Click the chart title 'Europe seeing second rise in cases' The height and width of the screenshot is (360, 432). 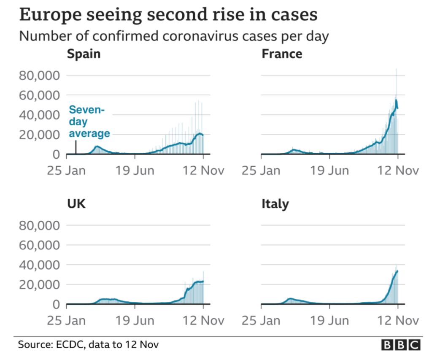[168, 15]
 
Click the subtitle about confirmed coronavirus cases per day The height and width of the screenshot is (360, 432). [174, 36]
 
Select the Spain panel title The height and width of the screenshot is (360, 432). [84, 54]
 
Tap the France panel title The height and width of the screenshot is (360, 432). [282, 54]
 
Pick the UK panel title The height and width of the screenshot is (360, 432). [76, 204]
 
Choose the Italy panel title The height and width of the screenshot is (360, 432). [275, 204]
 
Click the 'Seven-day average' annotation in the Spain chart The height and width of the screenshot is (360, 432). [89, 122]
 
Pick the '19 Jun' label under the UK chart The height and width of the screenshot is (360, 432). [135, 320]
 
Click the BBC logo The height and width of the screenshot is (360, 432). [401, 345]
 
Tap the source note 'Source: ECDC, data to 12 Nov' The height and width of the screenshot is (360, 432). [88, 345]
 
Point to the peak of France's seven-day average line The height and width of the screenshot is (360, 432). [396, 100]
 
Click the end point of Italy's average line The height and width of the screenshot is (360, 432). [397, 271]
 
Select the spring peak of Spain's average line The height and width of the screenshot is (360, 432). [97, 146]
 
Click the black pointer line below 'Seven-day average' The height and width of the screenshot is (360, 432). [76, 147]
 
